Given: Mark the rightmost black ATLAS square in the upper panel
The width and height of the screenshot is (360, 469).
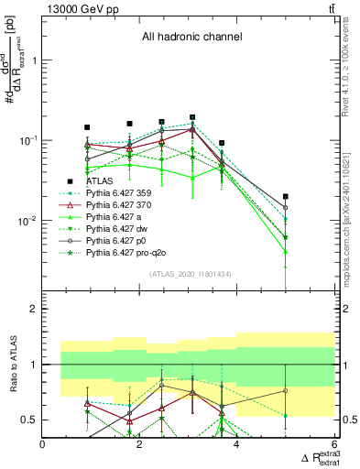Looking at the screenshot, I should [286, 196].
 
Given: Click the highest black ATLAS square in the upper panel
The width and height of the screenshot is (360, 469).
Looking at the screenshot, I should [192, 117].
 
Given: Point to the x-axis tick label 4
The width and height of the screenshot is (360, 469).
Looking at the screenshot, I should [237, 445].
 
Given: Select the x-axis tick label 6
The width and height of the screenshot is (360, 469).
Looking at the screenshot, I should [334, 445].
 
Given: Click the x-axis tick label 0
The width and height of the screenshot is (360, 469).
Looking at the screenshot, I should [43, 445].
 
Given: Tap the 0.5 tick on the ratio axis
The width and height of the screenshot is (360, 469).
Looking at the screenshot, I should [29, 420].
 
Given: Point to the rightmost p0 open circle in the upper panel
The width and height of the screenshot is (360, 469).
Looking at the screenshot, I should [286, 208].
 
